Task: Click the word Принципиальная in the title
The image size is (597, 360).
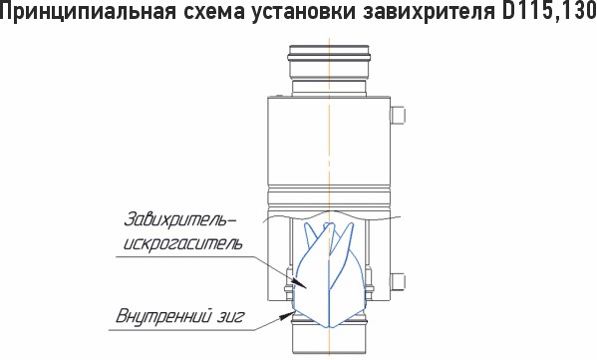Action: coord(89,12)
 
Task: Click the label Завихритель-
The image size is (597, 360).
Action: coord(179,220)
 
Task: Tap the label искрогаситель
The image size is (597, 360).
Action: coord(182,243)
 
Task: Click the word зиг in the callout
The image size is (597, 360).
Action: coord(231,317)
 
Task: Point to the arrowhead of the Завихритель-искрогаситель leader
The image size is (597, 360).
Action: coord(300,285)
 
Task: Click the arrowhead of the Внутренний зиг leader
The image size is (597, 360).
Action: coord(288,315)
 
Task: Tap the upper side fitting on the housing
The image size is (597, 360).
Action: coord(398,115)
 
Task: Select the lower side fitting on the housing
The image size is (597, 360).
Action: coord(398,281)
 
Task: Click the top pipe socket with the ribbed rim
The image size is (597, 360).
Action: coord(329,63)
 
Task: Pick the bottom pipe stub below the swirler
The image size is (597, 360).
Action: coord(329,337)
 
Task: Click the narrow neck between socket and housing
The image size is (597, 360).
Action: coord(329,88)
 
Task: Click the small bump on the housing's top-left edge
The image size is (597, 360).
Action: coord(280,96)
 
